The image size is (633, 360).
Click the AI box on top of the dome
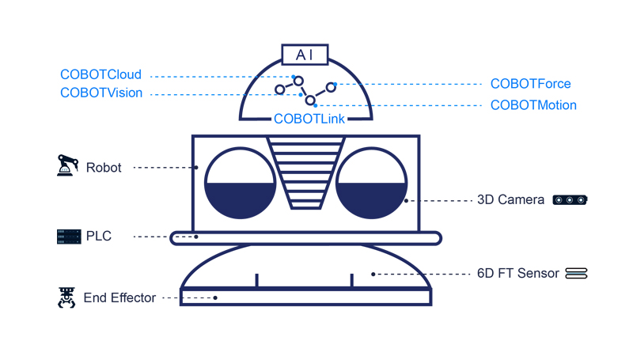[305, 55]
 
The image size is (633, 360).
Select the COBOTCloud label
[100, 75]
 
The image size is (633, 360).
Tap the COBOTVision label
[101, 93]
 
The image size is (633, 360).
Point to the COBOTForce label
[530, 84]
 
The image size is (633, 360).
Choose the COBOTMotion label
[533, 105]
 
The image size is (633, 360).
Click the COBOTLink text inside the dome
[305, 119]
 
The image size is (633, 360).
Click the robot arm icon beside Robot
[68, 166]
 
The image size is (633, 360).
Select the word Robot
[104, 168]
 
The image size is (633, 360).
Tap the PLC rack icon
[69, 236]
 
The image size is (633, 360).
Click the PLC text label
[99, 236]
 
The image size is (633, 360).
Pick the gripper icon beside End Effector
[66, 297]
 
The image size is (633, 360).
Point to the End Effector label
[119, 298]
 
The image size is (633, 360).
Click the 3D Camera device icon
[570, 200]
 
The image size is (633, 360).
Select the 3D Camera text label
[510, 200]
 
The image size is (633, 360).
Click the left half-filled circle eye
[241, 183]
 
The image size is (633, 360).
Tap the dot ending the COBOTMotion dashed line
[315, 105]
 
